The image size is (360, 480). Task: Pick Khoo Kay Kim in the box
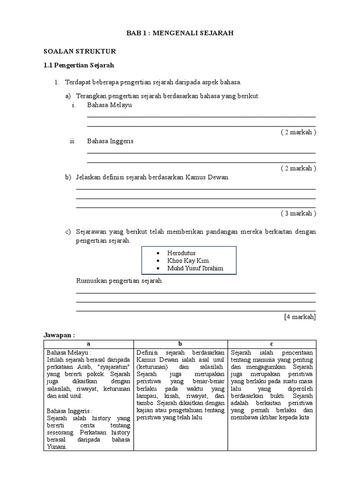[188, 261]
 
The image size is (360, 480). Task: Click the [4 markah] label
[300, 317]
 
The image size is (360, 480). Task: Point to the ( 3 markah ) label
[299, 213]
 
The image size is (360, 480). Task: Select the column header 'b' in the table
[180, 344]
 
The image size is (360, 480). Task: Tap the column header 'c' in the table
[272, 344]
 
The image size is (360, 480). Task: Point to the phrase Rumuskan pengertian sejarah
[119, 281]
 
